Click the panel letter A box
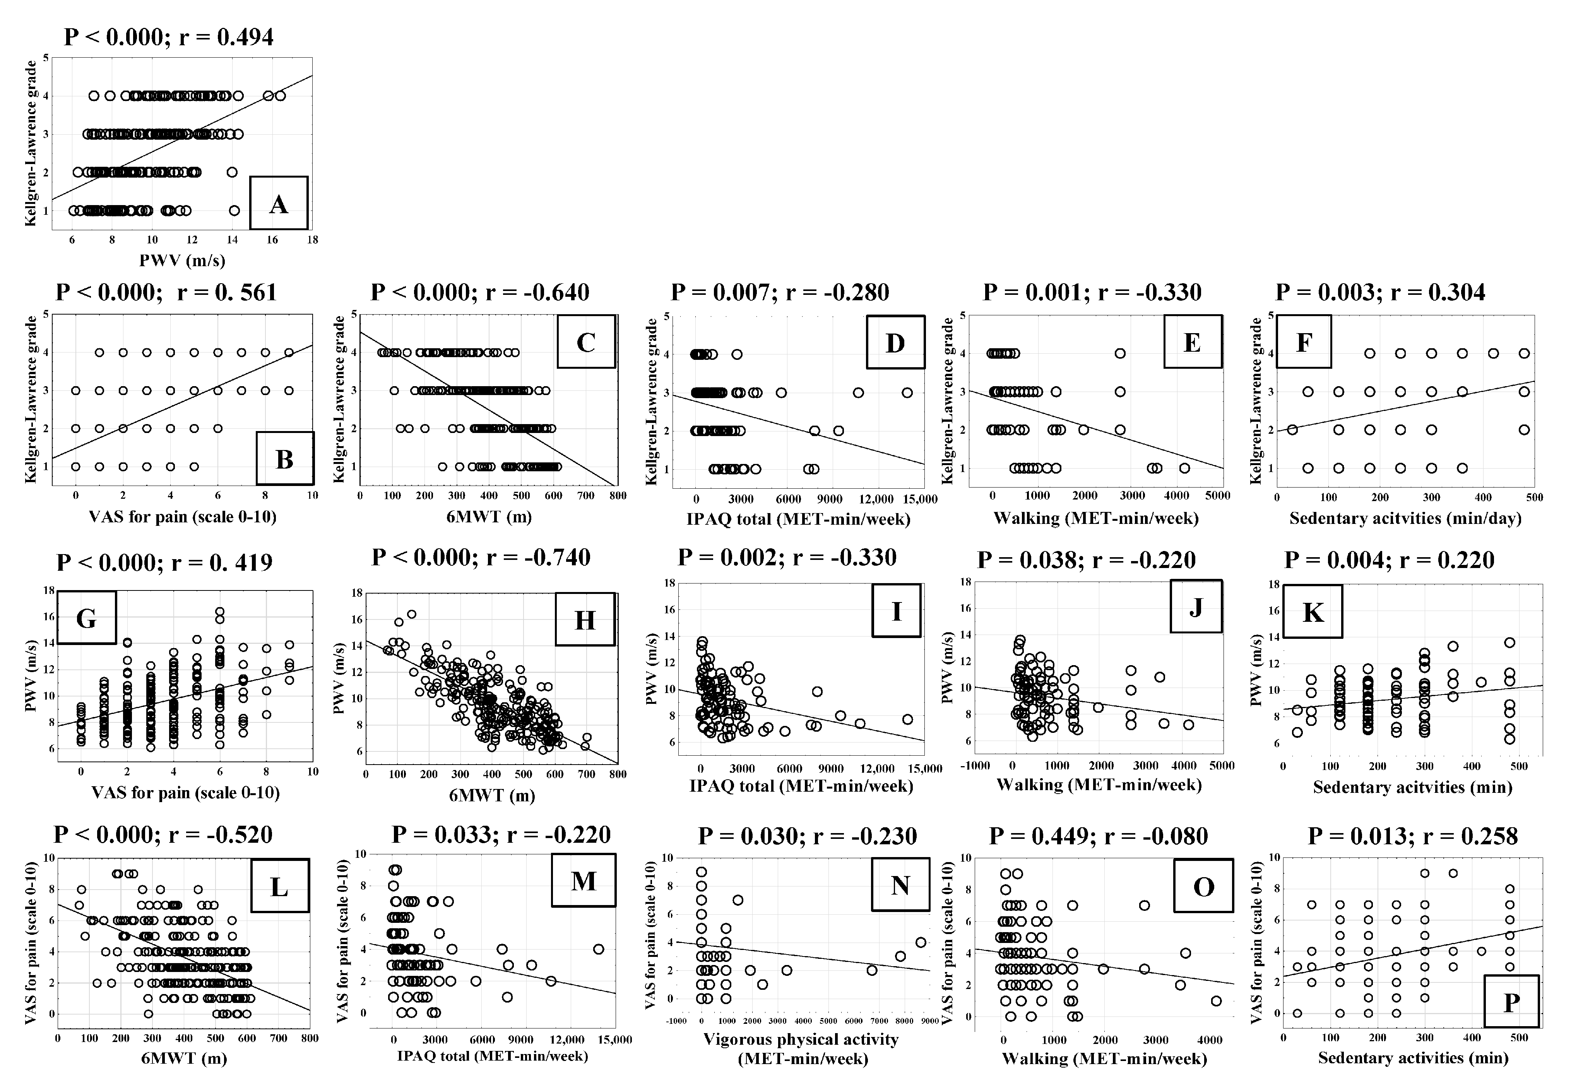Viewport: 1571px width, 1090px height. coord(279,203)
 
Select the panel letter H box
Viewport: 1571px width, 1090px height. coord(585,619)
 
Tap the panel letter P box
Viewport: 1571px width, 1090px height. coord(1511,1002)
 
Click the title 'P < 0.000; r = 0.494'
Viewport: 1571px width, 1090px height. coord(169,37)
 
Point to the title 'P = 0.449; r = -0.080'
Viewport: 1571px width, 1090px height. coord(1098,835)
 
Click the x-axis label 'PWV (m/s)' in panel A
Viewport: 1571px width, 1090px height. coord(182,260)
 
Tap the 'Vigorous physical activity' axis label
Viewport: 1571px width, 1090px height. coord(801,1039)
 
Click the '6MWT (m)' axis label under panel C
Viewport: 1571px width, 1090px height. coord(489,516)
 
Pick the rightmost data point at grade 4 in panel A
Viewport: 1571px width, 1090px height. coord(280,96)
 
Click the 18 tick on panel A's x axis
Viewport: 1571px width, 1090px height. coord(312,240)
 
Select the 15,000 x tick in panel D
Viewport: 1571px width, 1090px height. coord(919,499)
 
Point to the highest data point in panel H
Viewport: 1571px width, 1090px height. coord(412,614)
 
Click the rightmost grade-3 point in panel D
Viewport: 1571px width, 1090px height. coord(907,393)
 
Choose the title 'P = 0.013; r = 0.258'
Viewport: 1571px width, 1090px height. coord(1412,835)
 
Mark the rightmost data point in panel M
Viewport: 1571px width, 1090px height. coord(598,949)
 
